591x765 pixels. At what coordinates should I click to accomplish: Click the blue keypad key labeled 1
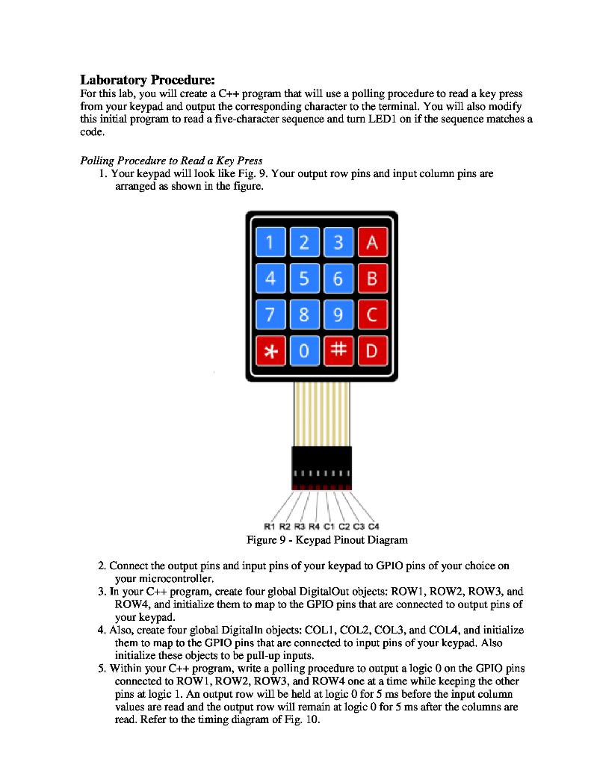click(270, 243)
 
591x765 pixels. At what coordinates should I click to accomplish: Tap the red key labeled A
click(372, 243)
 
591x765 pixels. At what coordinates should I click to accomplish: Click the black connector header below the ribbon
click(321, 468)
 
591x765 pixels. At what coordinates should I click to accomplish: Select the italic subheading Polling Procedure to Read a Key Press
click(171, 161)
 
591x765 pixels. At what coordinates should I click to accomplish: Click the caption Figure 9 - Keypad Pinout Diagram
click(327, 539)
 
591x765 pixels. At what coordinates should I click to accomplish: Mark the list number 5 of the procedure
click(102, 669)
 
